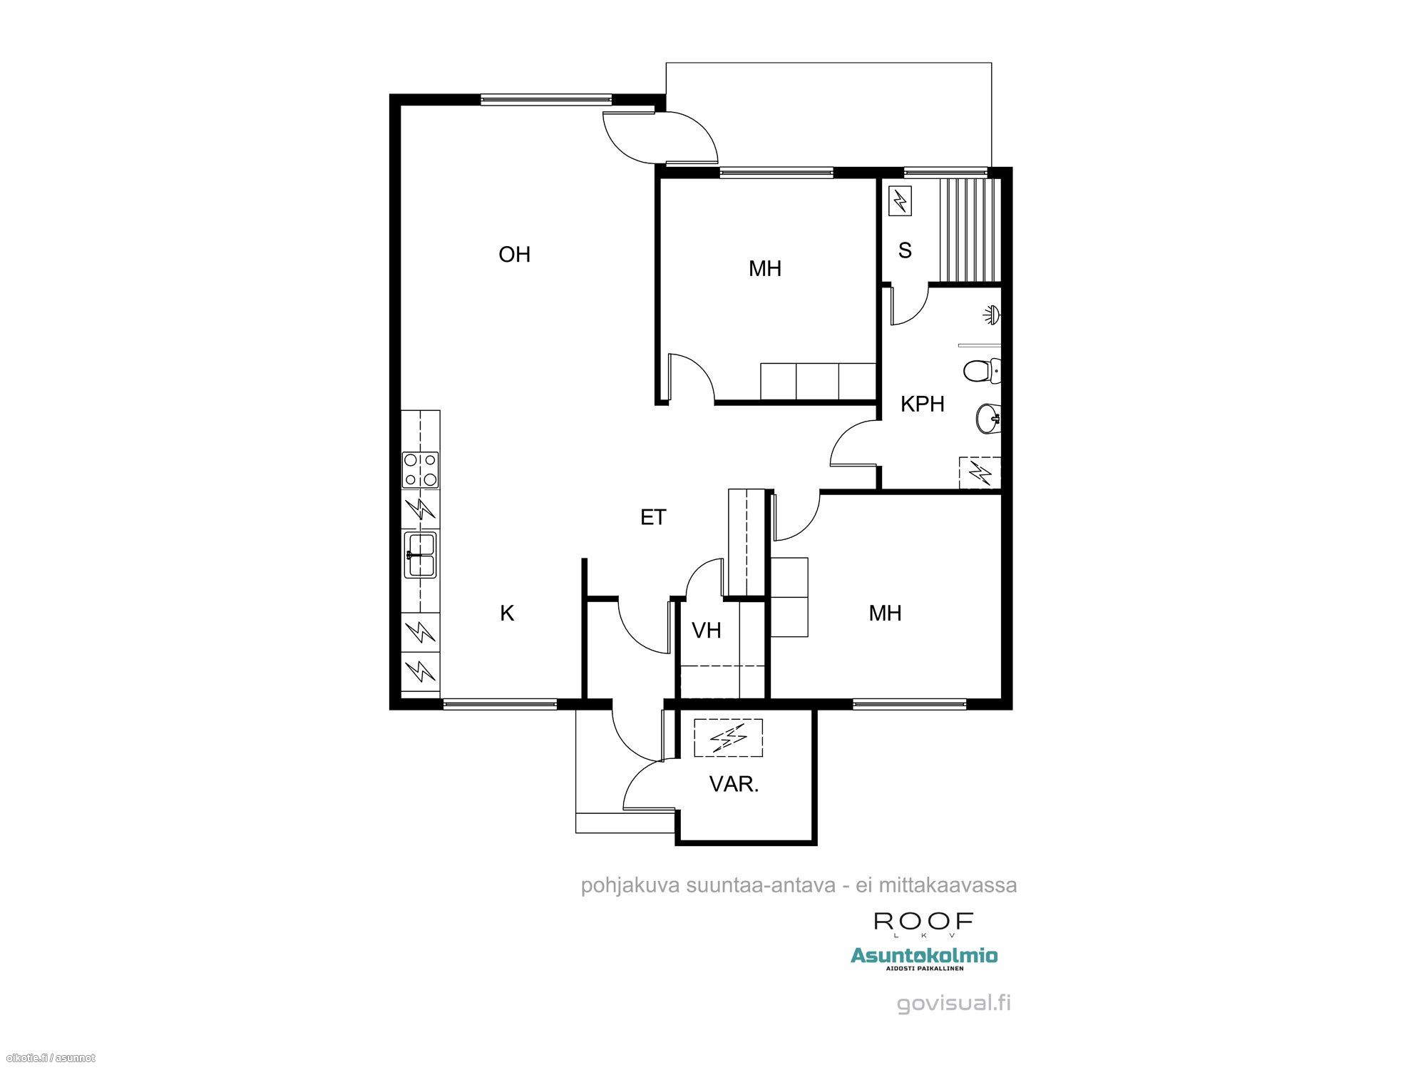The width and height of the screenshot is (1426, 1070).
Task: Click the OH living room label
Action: [x=514, y=255]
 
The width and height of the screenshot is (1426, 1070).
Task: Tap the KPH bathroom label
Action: [x=922, y=404]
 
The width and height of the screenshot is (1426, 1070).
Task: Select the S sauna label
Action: [x=905, y=250]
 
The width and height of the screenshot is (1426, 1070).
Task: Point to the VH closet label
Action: [x=707, y=630]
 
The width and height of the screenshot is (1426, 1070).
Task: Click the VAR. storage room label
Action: [x=734, y=784]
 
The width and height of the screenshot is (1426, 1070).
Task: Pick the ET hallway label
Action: [x=653, y=517]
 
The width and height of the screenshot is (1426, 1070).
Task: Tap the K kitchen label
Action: [x=507, y=613]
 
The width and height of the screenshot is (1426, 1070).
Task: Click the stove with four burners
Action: [x=421, y=470]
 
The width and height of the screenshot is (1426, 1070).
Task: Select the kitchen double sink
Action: [x=420, y=555]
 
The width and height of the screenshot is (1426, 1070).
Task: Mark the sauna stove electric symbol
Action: [x=900, y=200]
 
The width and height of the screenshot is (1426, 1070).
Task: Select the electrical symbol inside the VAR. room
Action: [x=728, y=738]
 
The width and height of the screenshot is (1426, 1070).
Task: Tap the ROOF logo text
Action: [x=924, y=922]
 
